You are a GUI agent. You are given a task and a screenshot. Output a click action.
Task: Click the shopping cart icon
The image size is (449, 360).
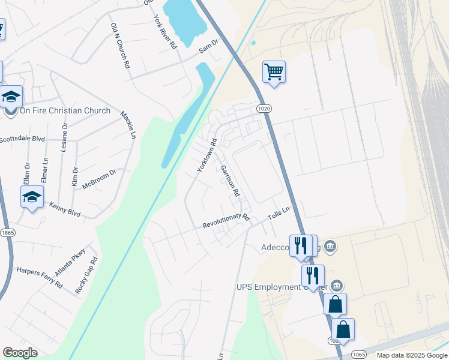point(274,72)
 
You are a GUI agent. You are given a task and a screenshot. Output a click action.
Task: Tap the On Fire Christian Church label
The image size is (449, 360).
point(65,110)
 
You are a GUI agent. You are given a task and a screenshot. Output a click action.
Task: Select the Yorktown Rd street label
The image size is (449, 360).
point(207,155)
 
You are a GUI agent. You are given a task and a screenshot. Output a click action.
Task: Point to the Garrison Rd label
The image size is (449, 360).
point(230,181)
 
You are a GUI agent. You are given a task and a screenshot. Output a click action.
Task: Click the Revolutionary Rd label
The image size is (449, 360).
point(225,220)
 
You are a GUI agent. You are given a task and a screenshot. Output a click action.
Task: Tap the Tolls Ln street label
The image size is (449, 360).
point(279,212)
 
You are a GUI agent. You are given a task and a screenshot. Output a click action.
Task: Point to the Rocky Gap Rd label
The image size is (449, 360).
point(86,275)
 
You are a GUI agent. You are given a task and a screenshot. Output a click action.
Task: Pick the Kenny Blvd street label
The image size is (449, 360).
point(65,209)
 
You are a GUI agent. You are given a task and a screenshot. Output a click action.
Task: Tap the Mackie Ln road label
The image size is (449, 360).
point(127,124)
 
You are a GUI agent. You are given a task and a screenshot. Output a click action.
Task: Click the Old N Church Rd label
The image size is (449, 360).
point(121,46)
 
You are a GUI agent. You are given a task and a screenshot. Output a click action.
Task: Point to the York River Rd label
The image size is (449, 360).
point(165,31)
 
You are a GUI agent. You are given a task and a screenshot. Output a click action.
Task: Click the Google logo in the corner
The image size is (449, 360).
point(20,353)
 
